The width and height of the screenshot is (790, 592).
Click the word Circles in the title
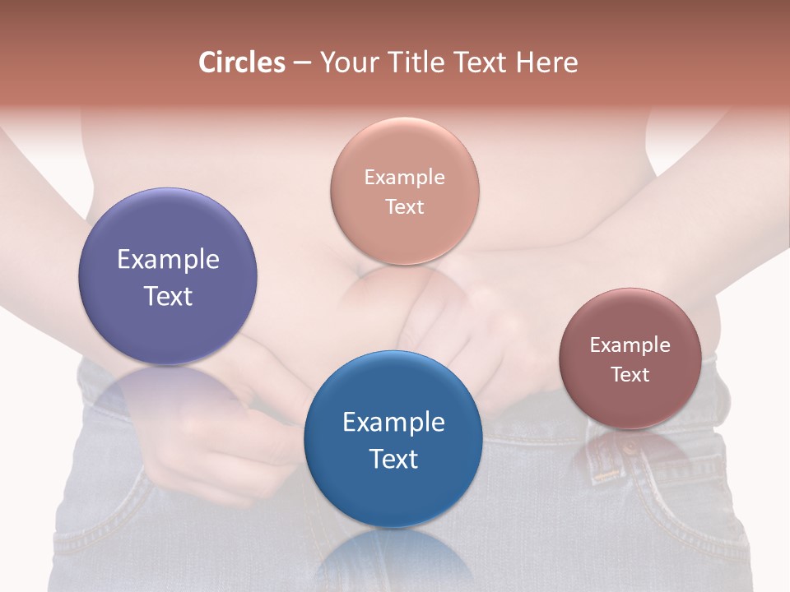(x=242, y=62)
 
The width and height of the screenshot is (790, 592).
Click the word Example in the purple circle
(x=168, y=260)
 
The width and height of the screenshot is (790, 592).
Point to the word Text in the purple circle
(x=168, y=296)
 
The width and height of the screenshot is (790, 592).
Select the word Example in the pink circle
(x=404, y=178)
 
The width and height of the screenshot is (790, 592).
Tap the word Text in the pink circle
(x=404, y=206)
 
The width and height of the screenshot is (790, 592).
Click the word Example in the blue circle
(x=393, y=422)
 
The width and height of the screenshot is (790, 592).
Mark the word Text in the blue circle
(x=393, y=459)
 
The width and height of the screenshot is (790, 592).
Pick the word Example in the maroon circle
(x=630, y=345)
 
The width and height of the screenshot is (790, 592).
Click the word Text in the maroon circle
(x=630, y=374)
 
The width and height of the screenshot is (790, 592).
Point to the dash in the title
(x=301, y=62)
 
